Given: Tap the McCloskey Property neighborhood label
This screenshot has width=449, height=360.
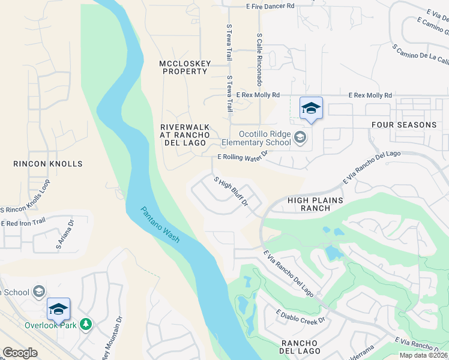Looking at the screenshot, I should pos(183,67).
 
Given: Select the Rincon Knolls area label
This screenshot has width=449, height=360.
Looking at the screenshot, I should pos(48,163).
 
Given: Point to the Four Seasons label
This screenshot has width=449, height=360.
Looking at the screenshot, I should pos(404,125).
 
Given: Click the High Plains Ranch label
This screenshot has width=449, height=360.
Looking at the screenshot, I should pos(315,204).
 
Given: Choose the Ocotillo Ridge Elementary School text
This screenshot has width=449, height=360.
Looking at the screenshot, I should pos(256,139).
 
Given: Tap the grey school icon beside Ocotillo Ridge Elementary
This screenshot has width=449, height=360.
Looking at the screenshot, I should pos(300,139).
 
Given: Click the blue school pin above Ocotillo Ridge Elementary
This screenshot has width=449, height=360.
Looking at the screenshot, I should pos(311,109).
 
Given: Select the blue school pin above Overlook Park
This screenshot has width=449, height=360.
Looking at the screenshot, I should pos(58,309).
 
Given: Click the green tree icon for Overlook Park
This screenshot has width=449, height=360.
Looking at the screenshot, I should pos(86,325).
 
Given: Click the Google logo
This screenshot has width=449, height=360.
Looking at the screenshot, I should pos(20,353).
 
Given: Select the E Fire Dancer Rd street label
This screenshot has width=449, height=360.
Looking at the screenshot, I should pos(262,5).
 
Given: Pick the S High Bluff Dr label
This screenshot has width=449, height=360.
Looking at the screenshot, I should pos(231,190).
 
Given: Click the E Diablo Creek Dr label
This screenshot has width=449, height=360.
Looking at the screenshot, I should pos(300,316).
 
